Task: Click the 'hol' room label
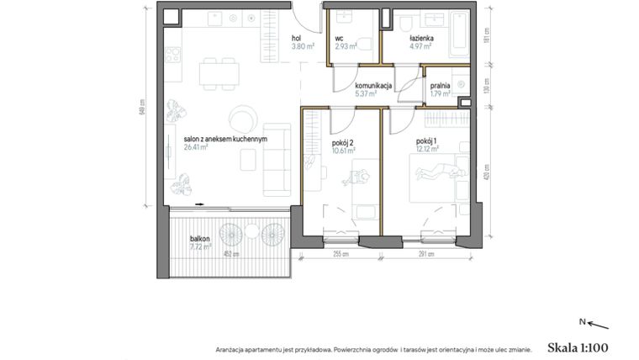pos(297,39)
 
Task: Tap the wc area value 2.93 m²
pos(345,47)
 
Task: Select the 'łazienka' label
pos(420,39)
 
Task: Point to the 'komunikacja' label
pos(372,86)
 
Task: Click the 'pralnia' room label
pos(440,86)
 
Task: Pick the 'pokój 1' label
pos(425,142)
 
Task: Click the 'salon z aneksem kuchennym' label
pos(225,140)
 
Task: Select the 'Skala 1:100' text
pos(577,347)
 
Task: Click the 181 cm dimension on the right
pos(486,35)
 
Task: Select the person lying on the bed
pos(437,172)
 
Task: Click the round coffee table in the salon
pos(242,117)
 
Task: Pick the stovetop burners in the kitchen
pos(173,56)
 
